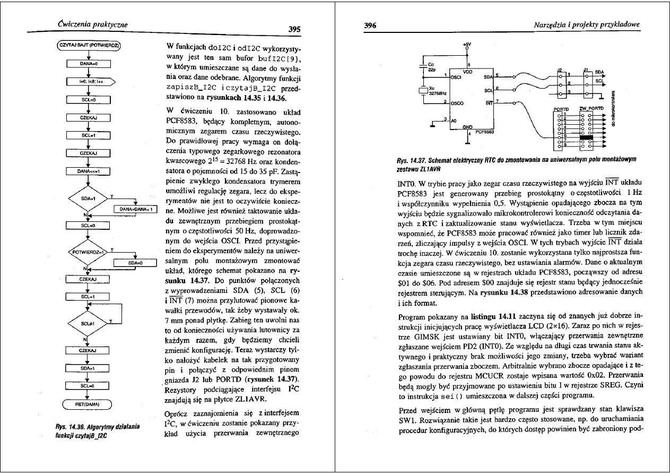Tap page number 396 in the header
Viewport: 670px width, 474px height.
pyautogui.click(x=370, y=25)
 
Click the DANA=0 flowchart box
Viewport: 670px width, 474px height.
pyautogui.click(x=87, y=64)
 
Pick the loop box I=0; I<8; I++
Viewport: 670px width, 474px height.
pyautogui.click(x=87, y=81)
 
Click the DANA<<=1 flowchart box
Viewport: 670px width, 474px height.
pyautogui.click(x=87, y=171)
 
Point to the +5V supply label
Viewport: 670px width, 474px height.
pyautogui.click(x=466, y=43)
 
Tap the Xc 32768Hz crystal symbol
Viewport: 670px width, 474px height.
pyautogui.click(x=423, y=91)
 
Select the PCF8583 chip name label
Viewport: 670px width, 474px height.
pyautogui.click(x=485, y=133)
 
